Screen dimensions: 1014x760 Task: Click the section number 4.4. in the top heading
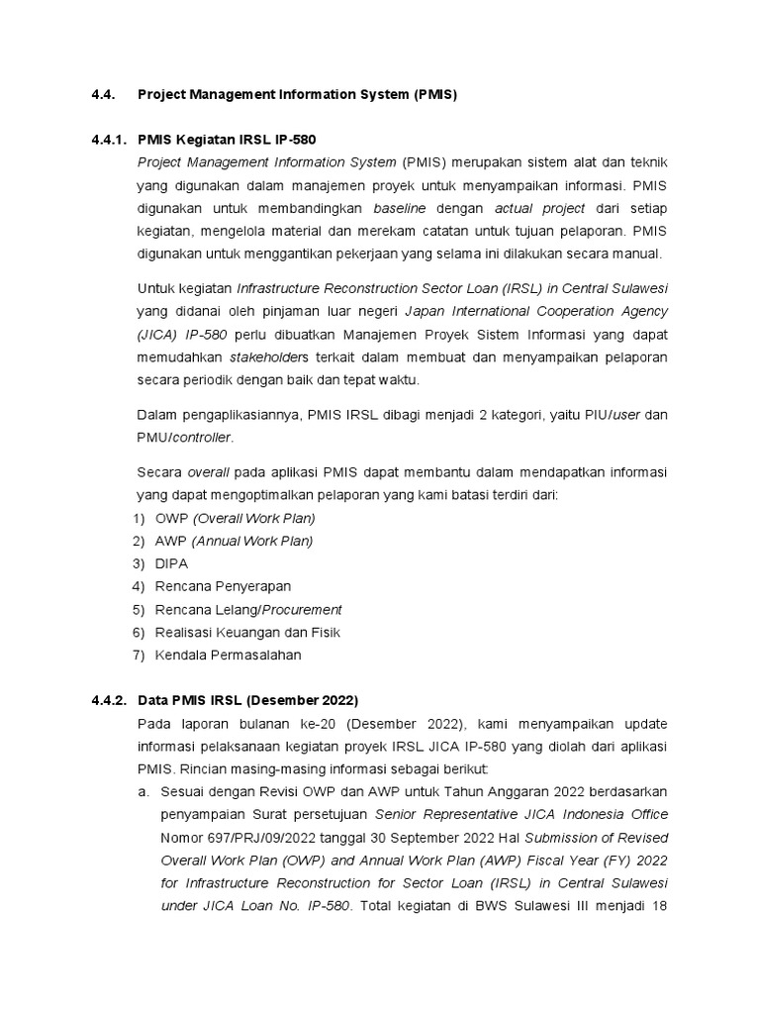coord(103,95)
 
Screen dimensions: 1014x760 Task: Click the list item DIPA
coord(171,563)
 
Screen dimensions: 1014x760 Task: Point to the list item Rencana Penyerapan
coord(223,586)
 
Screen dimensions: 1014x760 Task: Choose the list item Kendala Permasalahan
coord(228,655)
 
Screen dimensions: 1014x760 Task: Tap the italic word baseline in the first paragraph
coord(401,208)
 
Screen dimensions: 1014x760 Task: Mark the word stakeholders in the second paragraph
coord(270,356)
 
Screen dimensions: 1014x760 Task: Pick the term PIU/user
coord(611,414)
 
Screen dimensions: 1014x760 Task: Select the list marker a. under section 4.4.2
coord(143,792)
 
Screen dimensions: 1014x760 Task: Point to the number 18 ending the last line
coord(658,905)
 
